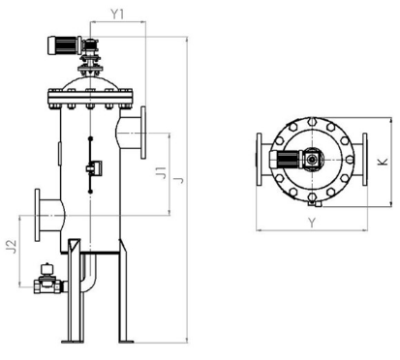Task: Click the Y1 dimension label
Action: click(117, 14)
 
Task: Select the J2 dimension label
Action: click(12, 247)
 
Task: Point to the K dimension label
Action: click(383, 162)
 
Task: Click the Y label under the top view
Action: click(311, 223)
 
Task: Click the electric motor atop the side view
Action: click(65, 45)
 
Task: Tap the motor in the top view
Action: click(286, 159)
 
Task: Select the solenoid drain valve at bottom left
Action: click(47, 280)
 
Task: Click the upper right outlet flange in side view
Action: click(143, 133)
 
